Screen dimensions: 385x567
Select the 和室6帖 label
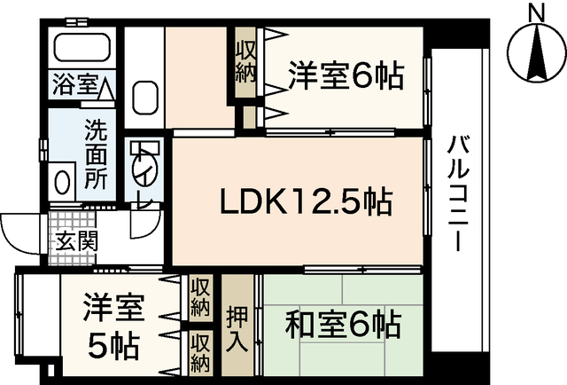coord(342,324)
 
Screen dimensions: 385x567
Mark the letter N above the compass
coord(536,12)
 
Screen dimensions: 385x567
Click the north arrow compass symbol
coord(536,54)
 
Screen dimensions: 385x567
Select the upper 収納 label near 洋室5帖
coord(200,298)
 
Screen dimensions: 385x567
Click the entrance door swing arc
coord(18,232)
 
